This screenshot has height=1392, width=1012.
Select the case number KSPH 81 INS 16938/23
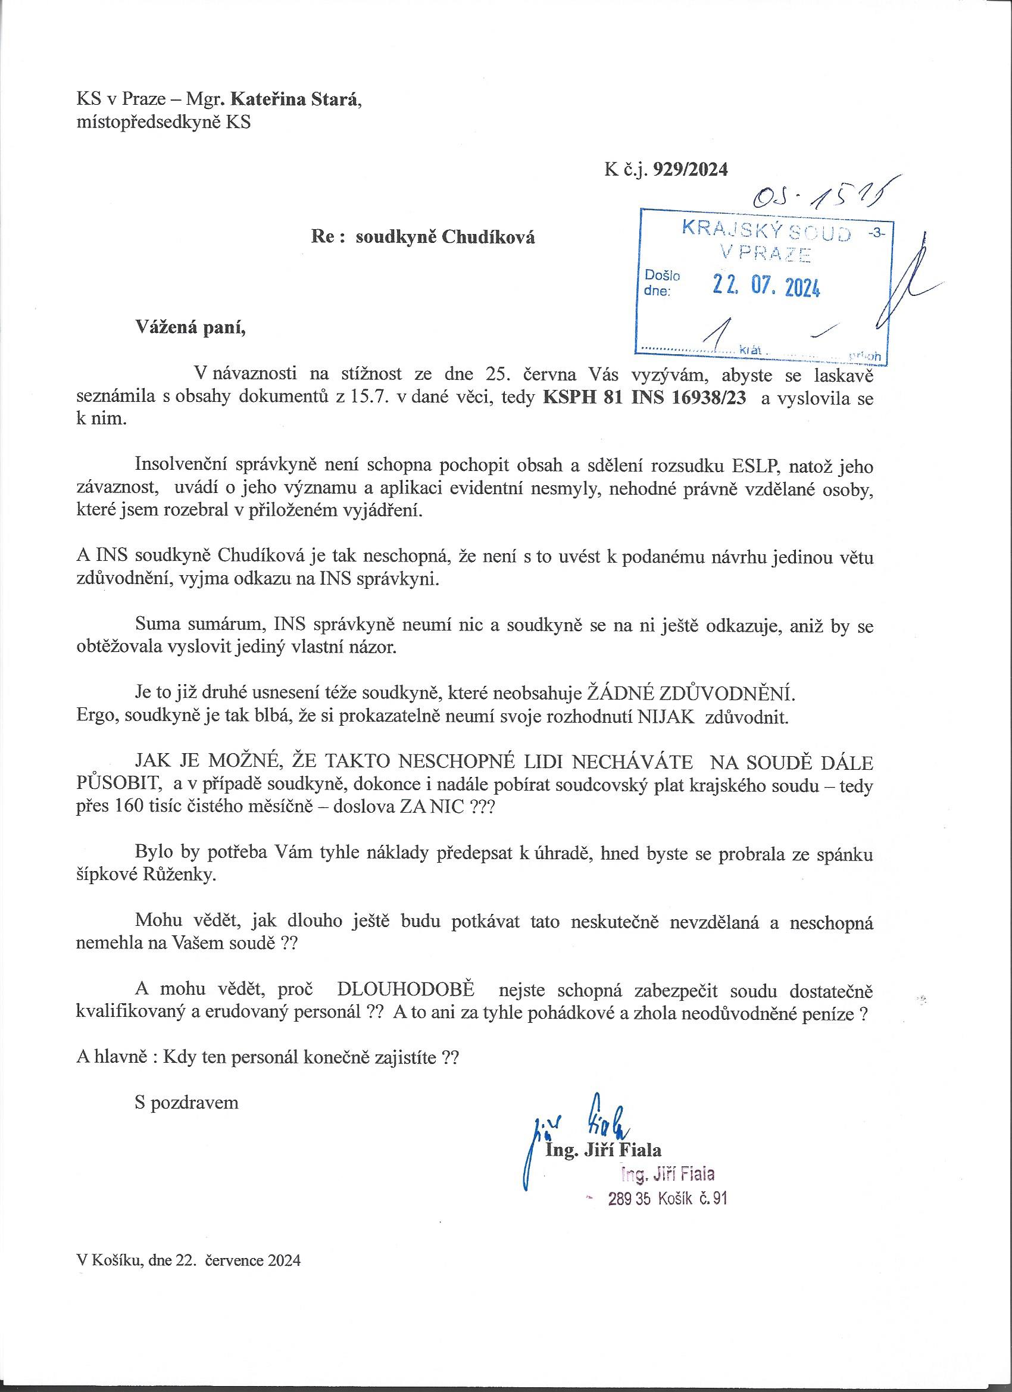coord(646,398)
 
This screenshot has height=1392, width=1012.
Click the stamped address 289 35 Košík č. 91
coord(667,1198)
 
